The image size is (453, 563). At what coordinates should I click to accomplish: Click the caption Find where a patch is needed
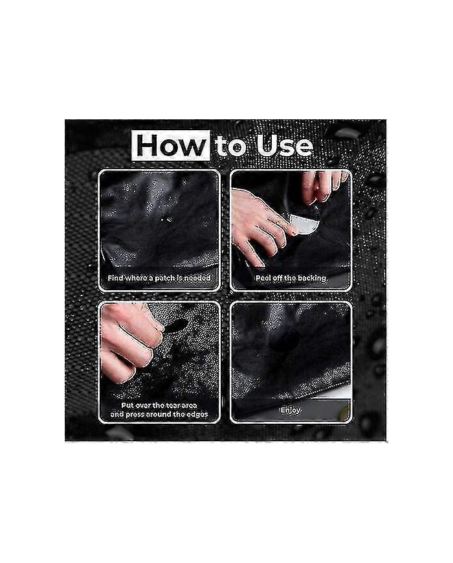pyautogui.click(x=159, y=279)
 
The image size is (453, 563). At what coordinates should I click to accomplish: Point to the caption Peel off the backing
pyautogui.click(x=291, y=279)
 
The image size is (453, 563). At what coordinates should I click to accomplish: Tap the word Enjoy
pyautogui.click(x=291, y=410)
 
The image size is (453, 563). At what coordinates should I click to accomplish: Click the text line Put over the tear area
pyautogui.click(x=159, y=405)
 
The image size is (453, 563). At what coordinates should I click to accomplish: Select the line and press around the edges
pyautogui.click(x=159, y=415)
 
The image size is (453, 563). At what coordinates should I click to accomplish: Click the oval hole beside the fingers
pyautogui.click(x=176, y=325)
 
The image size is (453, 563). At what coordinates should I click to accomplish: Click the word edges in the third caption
pyautogui.click(x=194, y=415)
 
